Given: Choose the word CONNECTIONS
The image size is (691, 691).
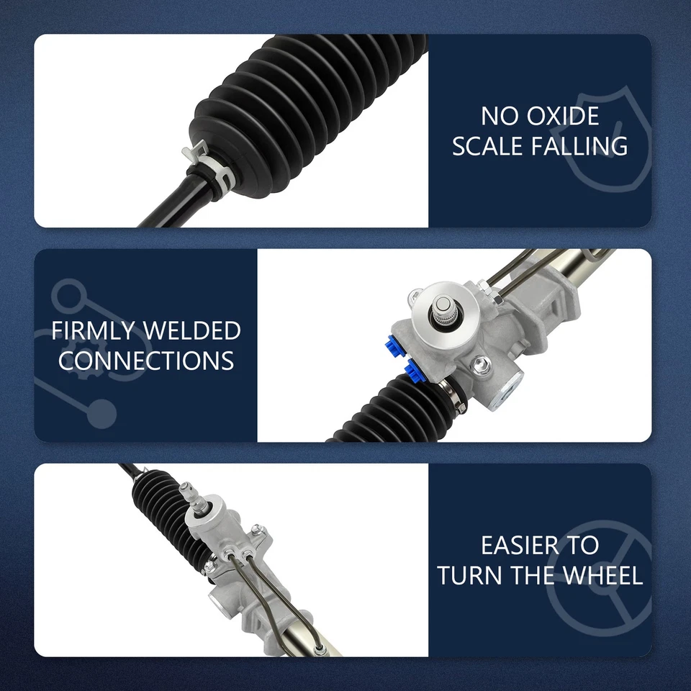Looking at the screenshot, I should [146, 361].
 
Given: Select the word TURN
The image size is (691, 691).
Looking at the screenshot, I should [468, 575].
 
